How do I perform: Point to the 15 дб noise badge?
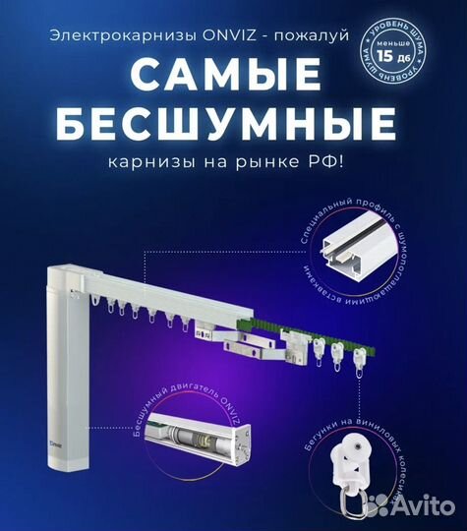click(x=396, y=44)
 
